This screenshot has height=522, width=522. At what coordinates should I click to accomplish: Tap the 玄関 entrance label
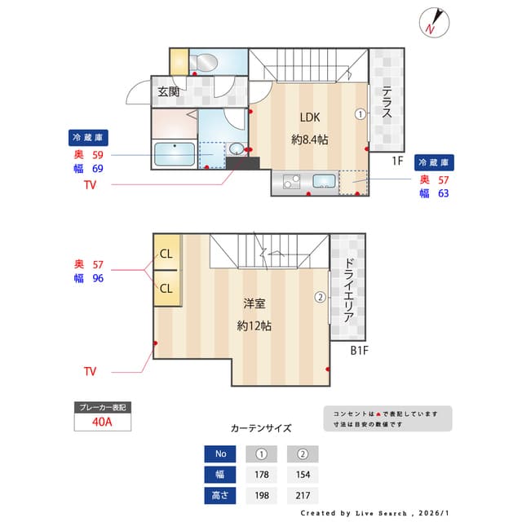click(x=169, y=91)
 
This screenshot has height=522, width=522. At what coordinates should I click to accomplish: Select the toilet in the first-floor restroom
click(x=204, y=62)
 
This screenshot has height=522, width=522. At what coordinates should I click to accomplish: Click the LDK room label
click(x=309, y=116)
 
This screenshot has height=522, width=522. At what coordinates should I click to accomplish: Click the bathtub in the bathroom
click(x=175, y=154)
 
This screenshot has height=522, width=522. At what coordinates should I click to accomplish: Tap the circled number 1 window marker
click(x=360, y=114)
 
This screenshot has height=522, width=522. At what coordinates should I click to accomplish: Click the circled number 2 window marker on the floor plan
click(x=321, y=298)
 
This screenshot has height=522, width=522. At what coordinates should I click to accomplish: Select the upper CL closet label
click(x=166, y=254)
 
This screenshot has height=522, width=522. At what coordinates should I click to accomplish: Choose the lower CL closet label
click(x=166, y=288)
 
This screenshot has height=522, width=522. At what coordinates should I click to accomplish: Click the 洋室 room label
click(x=254, y=304)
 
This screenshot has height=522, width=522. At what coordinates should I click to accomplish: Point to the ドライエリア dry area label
click(x=348, y=290)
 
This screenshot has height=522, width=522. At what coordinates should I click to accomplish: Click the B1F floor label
click(x=360, y=352)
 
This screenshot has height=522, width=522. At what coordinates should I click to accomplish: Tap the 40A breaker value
click(x=102, y=422)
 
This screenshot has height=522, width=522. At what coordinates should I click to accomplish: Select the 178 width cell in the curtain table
click(x=262, y=475)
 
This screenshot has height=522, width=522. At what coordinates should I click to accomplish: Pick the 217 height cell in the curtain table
click(x=302, y=495)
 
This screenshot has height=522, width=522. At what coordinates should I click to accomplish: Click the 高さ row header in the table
click(x=219, y=495)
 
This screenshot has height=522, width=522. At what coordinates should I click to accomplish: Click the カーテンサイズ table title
click(x=260, y=427)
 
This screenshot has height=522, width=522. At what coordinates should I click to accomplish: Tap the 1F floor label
click(x=397, y=161)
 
